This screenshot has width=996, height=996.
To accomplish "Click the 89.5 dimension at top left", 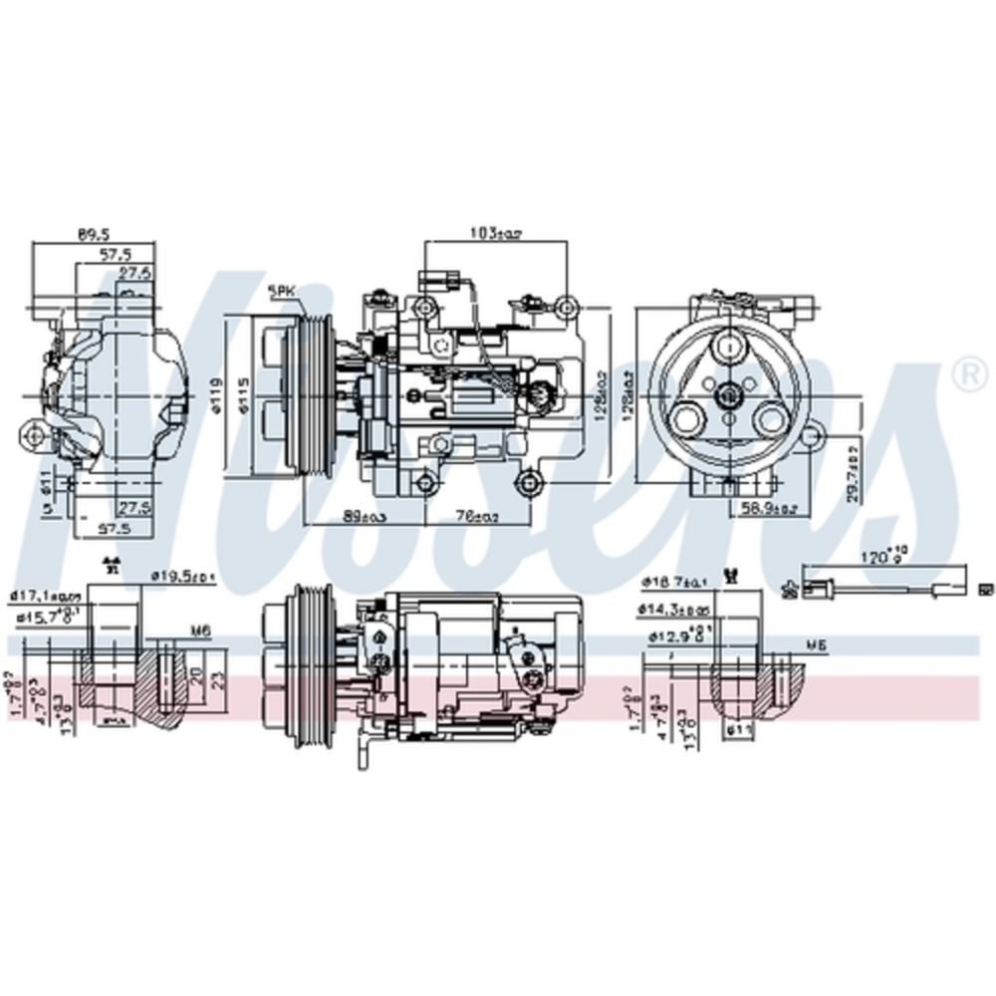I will pos(93,235).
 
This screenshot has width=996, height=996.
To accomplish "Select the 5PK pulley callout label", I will pos(282,292).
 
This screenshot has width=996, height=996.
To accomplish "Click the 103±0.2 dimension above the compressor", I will pos(495,233).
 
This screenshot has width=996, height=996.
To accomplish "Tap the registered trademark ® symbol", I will pos(964,373).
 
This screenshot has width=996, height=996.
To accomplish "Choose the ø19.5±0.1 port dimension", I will pos(183,576).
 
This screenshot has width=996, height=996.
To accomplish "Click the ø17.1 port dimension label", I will pos(45,596).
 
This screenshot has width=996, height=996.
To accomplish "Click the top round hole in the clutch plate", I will pos(730,348).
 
